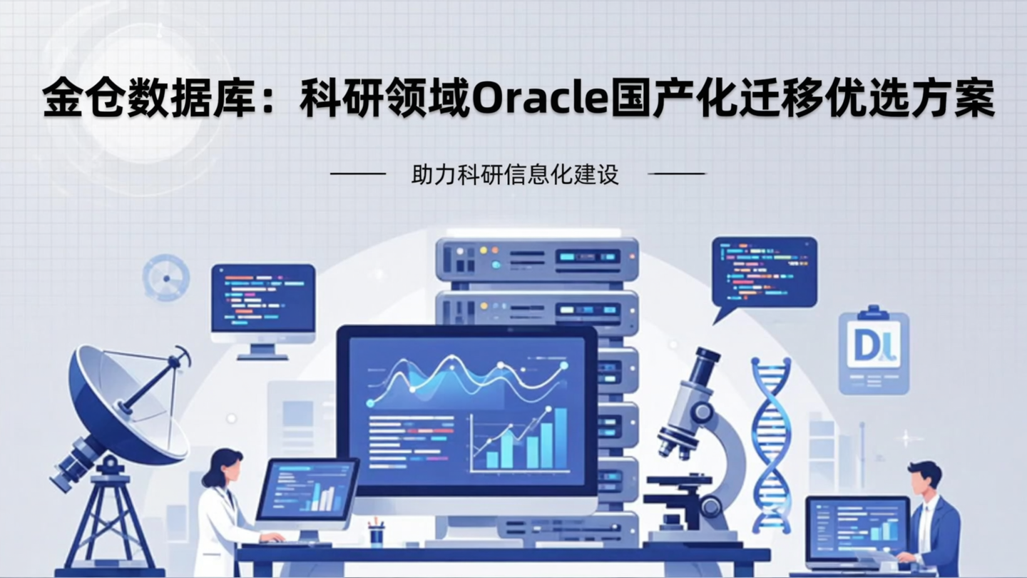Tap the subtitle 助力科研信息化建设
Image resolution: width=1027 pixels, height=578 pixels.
[x=515, y=175]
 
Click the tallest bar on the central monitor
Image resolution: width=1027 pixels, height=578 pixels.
[x=561, y=438]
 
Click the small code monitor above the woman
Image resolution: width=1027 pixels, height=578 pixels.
[x=263, y=300]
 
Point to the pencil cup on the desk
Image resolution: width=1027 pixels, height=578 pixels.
[x=376, y=534]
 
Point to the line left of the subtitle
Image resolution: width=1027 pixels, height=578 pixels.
[x=358, y=173]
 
